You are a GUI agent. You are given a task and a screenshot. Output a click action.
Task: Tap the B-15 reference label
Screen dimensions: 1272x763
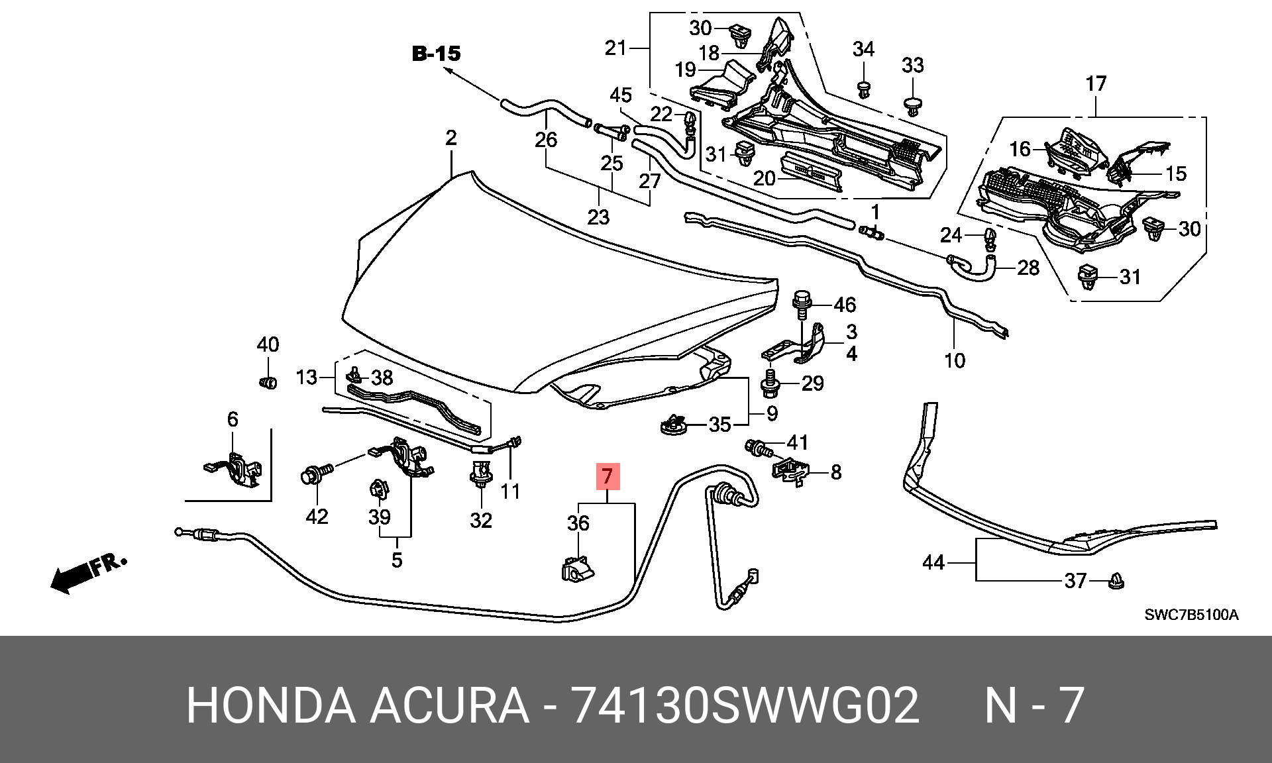tap(436, 53)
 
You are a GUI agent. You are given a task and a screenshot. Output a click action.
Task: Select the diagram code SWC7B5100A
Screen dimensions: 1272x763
tap(1191, 614)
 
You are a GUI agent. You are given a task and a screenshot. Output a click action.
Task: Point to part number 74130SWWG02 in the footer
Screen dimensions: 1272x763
tap(745, 706)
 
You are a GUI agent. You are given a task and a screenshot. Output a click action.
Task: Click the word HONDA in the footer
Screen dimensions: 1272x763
tap(271, 706)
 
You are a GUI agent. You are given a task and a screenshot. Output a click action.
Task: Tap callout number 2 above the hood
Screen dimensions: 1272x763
tap(451, 138)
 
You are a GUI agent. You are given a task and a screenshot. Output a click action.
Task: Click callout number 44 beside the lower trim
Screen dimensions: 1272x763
tap(933, 563)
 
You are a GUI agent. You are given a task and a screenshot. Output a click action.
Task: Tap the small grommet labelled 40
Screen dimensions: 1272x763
tap(268, 382)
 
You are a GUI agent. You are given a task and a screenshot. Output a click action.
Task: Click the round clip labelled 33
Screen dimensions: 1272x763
tap(913, 106)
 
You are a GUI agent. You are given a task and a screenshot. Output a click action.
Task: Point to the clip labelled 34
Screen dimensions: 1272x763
tap(863, 89)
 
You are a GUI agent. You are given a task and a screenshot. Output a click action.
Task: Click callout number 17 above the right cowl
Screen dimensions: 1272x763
tap(1096, 84)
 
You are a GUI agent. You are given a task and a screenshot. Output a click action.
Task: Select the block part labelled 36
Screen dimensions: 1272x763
tap(577, 570)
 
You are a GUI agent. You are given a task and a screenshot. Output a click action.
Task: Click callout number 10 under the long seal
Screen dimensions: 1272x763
tap(955, 360)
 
